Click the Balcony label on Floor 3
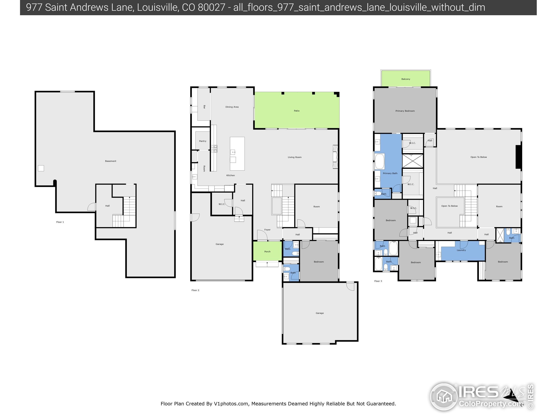(x=405, y=79)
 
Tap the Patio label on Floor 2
(x=296, y=111)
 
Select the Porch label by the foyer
(x=267, y=251)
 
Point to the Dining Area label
(x=232, y=107)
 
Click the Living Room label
(x=294, y=157)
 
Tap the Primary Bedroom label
(x=405, y=111)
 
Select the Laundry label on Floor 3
(x=461, y=250)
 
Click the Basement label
(x=111, y=161)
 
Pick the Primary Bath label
(x=390, y=173)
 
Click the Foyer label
(x=267, y=230)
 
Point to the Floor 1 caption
(x=60, y=222)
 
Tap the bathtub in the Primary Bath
(x=380, y=161)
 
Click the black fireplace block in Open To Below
(x=518, y=157)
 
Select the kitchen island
(x=237, y=154)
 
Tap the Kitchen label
(x=230, y=175)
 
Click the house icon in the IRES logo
(x=443, y=397)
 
